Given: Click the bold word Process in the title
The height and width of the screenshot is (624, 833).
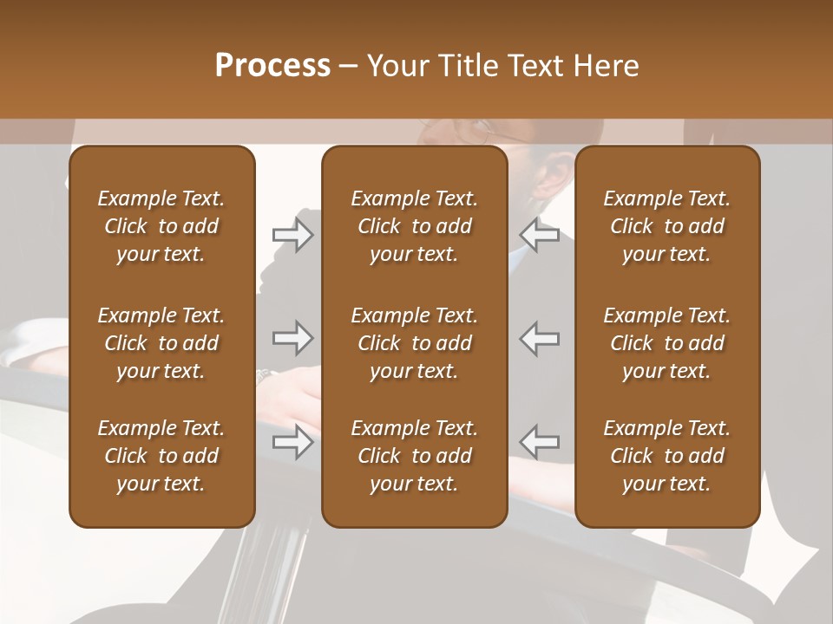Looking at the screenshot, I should pyautogui.click(x=272, y=66).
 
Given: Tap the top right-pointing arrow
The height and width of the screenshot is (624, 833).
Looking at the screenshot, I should pyautogui.click(x=292, y=235).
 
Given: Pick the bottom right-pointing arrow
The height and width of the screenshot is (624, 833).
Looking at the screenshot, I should pyautogui.click(x=292, y=442).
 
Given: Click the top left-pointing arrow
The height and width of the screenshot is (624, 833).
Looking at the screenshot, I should pyautogui.click(x=540, y=235).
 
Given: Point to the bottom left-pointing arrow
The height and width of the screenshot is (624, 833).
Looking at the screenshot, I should pyautogui.click(x=540, y=442).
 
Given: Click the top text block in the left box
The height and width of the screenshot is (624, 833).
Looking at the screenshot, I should pyautogui.click(x=161, y=226).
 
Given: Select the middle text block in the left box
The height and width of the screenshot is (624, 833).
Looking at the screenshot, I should pyautogui.click(x=161, y=343).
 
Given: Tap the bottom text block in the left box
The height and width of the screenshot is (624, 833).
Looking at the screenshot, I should pyautogui.click(x=161, y=456).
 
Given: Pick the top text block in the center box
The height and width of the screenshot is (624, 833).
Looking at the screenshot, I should pyautogui.click(x=414, y=226).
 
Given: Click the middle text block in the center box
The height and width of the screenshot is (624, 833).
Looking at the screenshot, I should pyautogui.click(x=414, y=343).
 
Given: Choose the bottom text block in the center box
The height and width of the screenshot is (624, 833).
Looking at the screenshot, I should pyautogui.click(x=414, y=456).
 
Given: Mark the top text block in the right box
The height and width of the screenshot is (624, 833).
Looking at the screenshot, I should pyautogui.click(x=666, y=226).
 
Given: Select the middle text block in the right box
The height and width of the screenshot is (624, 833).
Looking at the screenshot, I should pyautogui.click(x=666, y=343).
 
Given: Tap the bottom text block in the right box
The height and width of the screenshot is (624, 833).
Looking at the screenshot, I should pyautogui.click(x=666, y=456).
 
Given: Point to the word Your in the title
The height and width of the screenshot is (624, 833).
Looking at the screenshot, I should pyautogui.click(x=396, y=66).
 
